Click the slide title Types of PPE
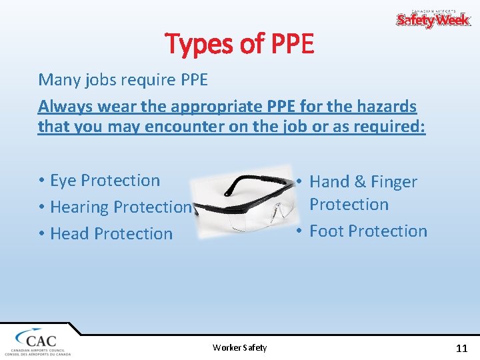click(x=239, y=44)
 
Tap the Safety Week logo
click(x=433, y=19)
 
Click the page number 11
click(x=461, y=348)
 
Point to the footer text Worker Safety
click(x=239, y=347)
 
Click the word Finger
click(x=394, y=182)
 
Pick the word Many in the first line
click(x=59, y=80)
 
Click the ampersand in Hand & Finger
click(x=358, y=182)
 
